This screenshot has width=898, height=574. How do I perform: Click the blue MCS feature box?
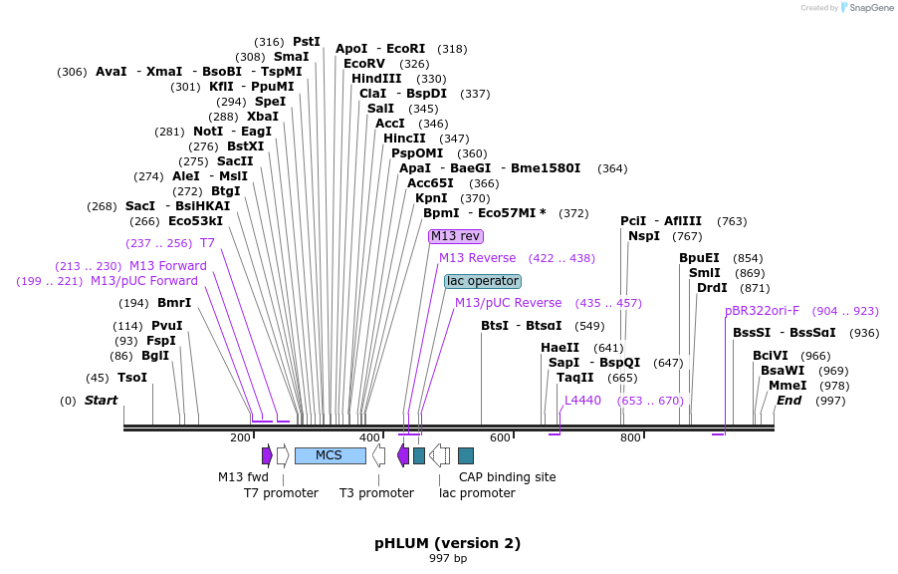tap(330, 455)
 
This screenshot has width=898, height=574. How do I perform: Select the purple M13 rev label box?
tap(455, 236)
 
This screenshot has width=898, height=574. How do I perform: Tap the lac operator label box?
tap(483, 281)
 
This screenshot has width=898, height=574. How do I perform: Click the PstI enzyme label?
tap(307, 42)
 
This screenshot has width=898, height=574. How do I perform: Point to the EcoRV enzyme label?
tap(364, 64)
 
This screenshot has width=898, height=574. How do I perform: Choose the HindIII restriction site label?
tap(376, 79)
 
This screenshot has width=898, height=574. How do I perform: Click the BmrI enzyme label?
tap(174, 303)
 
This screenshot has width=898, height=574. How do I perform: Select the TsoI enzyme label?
tap(132, 378)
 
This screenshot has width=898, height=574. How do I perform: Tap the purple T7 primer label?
tap(207, 243)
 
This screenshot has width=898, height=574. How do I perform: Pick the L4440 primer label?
tap(582, 401)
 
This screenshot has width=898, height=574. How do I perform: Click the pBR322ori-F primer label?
tap(762, 311)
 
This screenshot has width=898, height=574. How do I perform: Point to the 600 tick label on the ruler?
tap(500, 438)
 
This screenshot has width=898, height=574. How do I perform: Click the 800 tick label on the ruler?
tap(630, 438)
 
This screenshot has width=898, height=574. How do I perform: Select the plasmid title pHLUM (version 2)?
tap(447, 543)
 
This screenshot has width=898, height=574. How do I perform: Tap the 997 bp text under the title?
tap(447, 559)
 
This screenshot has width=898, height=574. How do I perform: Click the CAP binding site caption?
tap(507, 477)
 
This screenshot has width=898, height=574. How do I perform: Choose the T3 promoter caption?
tap(376, 493)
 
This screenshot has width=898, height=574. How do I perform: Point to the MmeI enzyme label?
tap(787, 386)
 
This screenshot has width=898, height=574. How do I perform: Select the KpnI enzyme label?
tap(432, 198)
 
